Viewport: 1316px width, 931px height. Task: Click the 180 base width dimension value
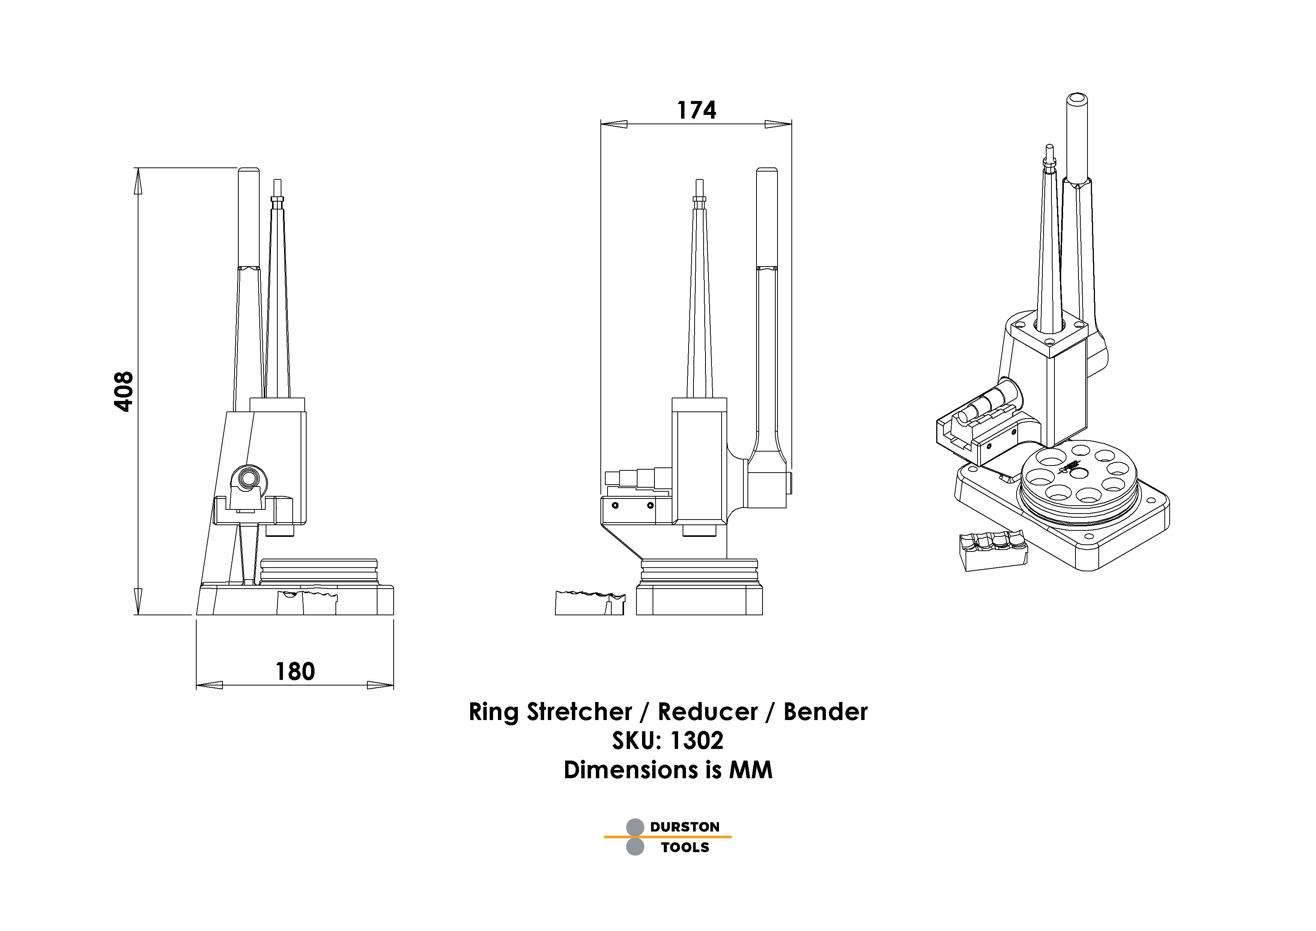[295, 671]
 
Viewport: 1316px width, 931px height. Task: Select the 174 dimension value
[696, 110]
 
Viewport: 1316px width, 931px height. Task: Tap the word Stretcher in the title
[579, 712]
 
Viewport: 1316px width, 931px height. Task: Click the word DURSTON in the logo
[684, 827]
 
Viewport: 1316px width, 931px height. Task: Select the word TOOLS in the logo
[684, 847]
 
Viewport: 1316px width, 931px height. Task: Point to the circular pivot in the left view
[249, 478]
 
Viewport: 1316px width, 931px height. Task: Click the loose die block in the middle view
[589, 603]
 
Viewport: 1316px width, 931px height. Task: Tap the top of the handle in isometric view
[1077, 99]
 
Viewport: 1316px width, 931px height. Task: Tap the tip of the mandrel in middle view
[699, 182]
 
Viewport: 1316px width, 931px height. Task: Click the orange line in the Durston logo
[667, 837]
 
